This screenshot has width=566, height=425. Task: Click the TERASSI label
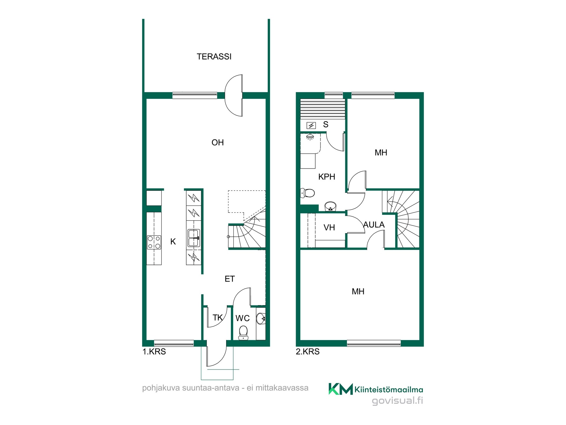pyautogui.click(x=214, y=56)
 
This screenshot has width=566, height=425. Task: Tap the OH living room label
pyautogui.click(x=218, y=143)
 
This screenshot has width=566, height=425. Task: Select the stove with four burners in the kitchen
pyautogui.click(x=154, y=242)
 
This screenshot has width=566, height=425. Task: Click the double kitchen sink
pyautogui.click(x=194, y=238)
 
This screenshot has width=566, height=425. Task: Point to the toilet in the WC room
pyautogui.click(x=243, y=333)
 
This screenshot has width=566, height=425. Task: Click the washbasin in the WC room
pyautogui.click(x=261, y=319)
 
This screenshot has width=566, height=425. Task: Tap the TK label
pyautogui.click(x=218, y=318)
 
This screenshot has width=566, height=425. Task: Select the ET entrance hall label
pyautogui.click(x=230, y=279)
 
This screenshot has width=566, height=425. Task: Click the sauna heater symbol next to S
pyautogui.click(x=311, y=126)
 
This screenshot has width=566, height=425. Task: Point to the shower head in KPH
pyautogui.click(x=310, y=137)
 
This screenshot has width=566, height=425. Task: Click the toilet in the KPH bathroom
pyautogui.click(x=307, y=193)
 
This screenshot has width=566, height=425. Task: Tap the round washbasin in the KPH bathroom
pyautogui.click(x=330, y=206)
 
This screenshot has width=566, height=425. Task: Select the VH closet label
pyautogui.click(x=329, y=228)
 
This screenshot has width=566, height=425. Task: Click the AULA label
pyautogui.click(x=374, y=225)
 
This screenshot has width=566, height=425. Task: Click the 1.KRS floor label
pyautogui.click(x=154, y=352)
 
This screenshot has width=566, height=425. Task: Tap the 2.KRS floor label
pyautogui.click(x=308, y=352)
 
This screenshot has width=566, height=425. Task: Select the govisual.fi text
pyautogui.click(x=397, y=401)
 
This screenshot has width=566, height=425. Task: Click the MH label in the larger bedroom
pyautogui.click(x=358, y=292)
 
